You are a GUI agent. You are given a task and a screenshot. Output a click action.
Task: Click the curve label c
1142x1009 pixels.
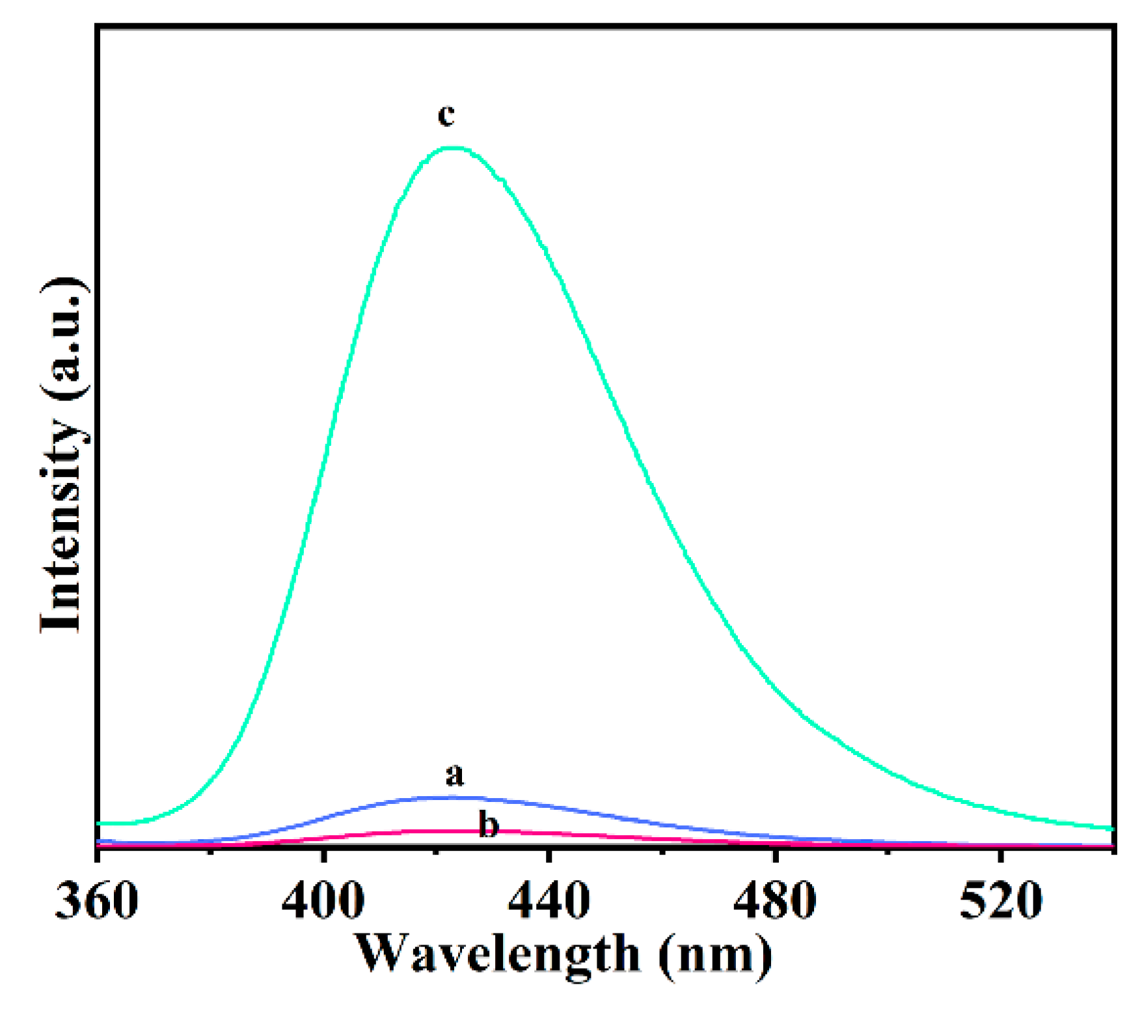[x=446, y=116]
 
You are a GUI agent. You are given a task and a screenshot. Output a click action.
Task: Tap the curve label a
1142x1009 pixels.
[x=455, y=775]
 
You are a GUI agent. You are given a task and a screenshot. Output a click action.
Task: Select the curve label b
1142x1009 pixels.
[x=488, y=824]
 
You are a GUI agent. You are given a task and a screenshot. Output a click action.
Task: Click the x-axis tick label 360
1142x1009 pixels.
[x=96, y=902]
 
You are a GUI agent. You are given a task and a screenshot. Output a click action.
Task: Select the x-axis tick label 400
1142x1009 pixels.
[x=323, y=902]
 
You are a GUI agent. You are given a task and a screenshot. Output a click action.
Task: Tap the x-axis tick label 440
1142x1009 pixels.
[x=549, y=902]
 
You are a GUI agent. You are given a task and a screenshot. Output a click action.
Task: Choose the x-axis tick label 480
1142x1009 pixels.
[x=774, y=902]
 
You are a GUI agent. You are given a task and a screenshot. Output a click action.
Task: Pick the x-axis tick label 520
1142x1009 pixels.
[x=1000, y=902]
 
